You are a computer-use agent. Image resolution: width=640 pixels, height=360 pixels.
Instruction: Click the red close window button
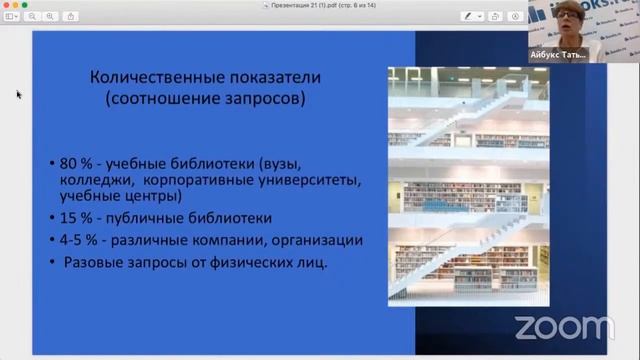[5, 5]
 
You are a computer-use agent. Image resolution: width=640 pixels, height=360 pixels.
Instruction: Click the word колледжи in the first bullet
[103, 181]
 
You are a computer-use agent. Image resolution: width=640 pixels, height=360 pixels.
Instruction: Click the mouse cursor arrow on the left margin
[18, 94]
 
